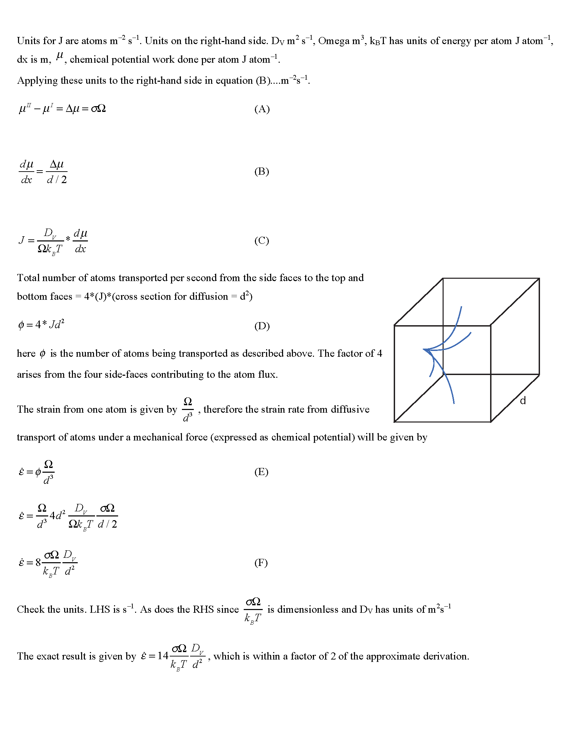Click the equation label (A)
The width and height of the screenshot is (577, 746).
click(x=262, y=109)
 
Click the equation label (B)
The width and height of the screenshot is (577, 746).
click(x=261, y=171)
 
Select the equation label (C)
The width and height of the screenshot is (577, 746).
click(x=261, y=240)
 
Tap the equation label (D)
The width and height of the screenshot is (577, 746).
click(x=262, y=326)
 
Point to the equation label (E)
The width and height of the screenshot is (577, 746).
click(x=261, y=472)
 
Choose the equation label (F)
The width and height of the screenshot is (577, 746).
click(x=261, y=563)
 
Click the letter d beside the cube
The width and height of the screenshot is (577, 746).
click(x=523, y=401)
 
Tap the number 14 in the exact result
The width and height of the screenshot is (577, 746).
click(x=163, y=656)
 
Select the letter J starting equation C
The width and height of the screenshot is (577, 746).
click(x=21, y=240)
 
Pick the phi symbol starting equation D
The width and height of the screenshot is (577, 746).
click(x=21, y=325)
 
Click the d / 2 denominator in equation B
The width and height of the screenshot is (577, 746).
click(x=57, y=180)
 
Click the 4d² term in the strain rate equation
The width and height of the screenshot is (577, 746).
click(x=57, y=515)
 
